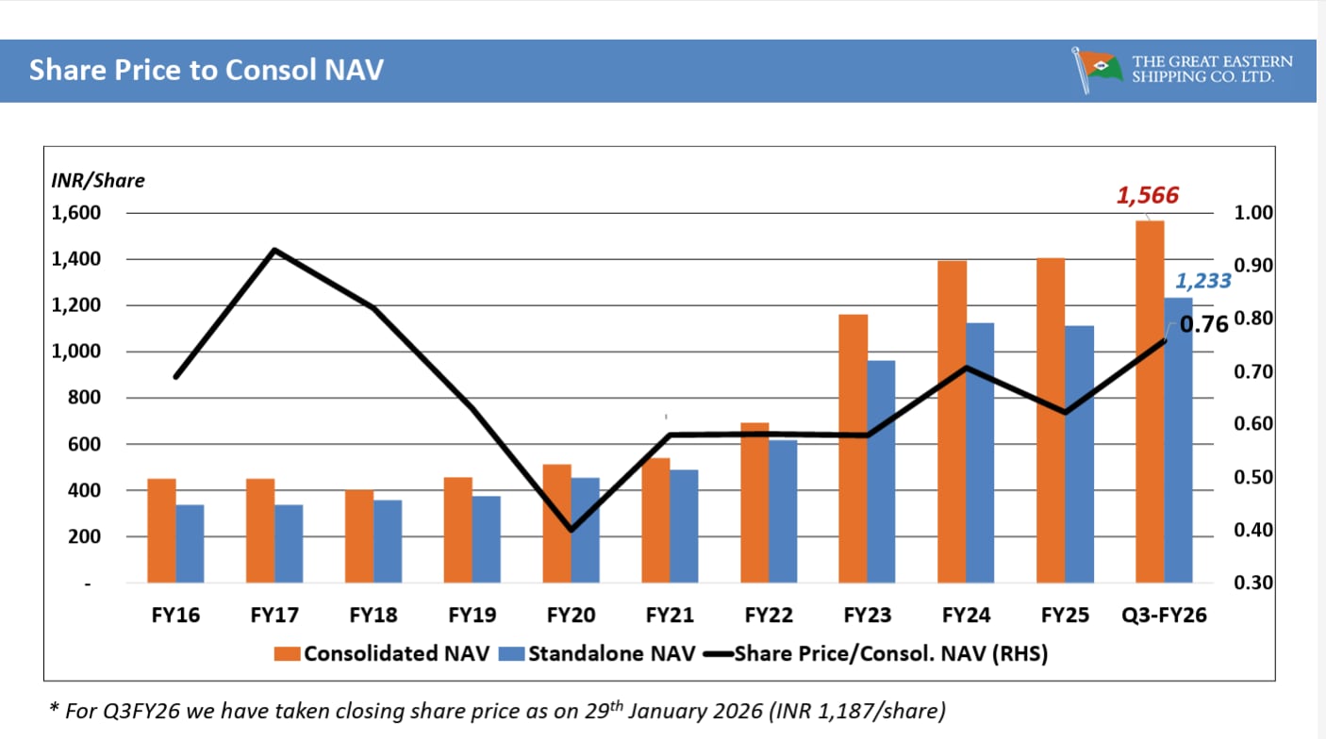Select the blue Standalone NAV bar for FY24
(x=980, y=452)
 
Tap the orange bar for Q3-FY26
(x=1150, y=401)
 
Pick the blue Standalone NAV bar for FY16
(x=190, y=544)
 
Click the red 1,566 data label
(x=1148, y=196)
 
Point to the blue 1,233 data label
(x=1202, y=281)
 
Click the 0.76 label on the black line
(x=1204, y=325)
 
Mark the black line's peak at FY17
(x=274, y=250)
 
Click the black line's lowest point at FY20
(x=571, y=530)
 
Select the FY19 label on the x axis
(x=472, y=616)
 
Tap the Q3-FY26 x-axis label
(x=1164, y=616)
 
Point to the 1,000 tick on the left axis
(x=76, y=352)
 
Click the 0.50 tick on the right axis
(x=1253, y=477)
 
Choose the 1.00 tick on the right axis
(x=1253, y=213)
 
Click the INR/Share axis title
(x=98, y=181)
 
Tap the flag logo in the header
(x=1098, y=71)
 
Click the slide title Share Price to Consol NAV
(x=206, y=71)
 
